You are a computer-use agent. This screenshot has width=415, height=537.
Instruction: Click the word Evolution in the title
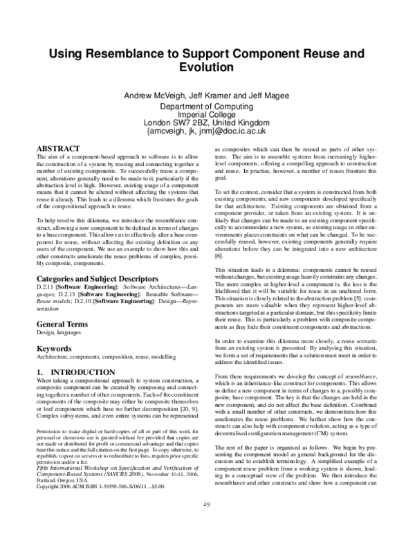tap(207, 68)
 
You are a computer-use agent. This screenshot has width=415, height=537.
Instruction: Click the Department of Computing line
tap(207, 107)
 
